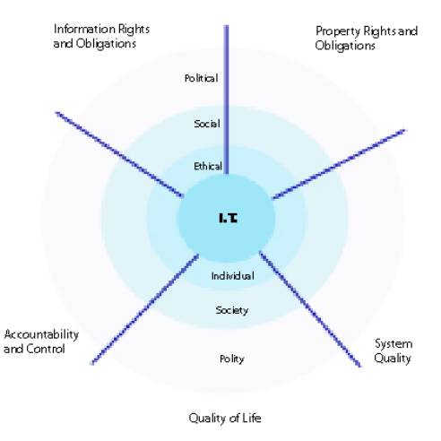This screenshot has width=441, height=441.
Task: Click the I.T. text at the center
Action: (229, 218)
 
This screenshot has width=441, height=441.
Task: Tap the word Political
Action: (201, 78)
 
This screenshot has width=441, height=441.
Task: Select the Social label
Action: (207, 124)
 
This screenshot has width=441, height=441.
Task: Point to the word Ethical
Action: (208, 166)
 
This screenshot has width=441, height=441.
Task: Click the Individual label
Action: (233, 275)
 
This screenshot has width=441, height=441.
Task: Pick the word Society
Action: (232, 310)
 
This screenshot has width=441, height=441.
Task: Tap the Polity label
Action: (232, 359)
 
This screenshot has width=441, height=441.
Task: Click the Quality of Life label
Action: (225, 418)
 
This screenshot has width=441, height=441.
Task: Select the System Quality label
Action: (393, 350)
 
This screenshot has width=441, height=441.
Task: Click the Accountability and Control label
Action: (41, 342)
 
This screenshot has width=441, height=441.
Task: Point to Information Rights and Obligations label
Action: (101, 36)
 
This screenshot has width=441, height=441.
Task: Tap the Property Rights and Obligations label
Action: (367, 39)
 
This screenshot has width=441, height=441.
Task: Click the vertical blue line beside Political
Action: (227, 99)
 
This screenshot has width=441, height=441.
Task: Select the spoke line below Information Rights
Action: (119, 154)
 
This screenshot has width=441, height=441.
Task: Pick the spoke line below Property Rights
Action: (339, 164)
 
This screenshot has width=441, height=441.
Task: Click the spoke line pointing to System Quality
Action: (310, 309)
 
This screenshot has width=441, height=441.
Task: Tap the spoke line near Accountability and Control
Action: (145, 309)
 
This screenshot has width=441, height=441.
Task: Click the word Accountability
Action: (41, 334)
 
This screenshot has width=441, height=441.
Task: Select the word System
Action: (393, 344)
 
